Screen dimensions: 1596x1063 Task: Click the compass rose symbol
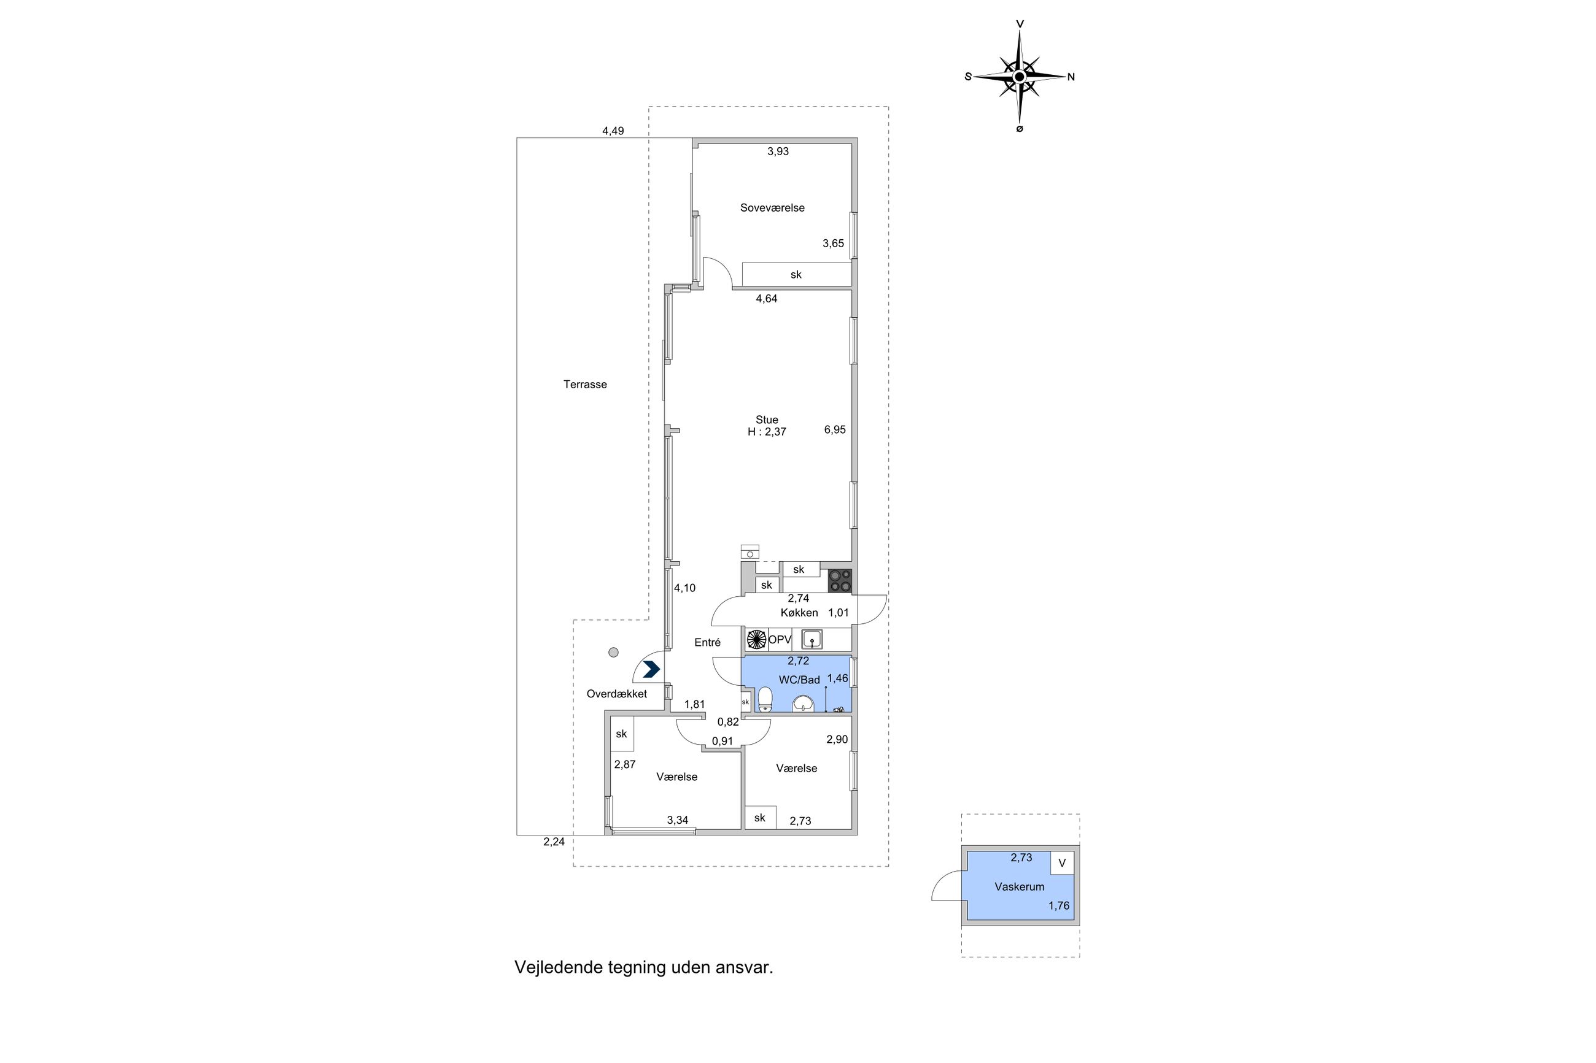pyautogui.click(x=1019, y=77)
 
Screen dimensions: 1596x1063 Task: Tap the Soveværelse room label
pyautogui.click(x=772, y=207)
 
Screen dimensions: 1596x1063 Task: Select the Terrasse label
pyautogui.click(x=584, y=385)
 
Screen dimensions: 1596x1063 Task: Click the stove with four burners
pyautogui.click(x=840, y=581)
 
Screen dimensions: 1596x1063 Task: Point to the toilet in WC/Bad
pyautogui.click(x=765, y=699)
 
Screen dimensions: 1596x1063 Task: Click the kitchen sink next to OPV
pyautogui.click(x=812, y=639)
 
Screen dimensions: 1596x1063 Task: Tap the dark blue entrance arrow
pyautogui.click(x=651, y=670)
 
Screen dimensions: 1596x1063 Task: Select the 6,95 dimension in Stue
pyautogui.click(x=834, y=429)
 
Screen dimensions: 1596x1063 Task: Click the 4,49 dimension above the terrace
pyautogui.click(x=613, y=131)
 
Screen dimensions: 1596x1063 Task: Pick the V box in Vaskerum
pyautogui.click(x=1061, y=863)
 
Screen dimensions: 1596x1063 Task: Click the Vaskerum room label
pyautogui.click(x=1019, y=886)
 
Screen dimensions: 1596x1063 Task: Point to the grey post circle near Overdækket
pyautogui.click(x=613, y=652)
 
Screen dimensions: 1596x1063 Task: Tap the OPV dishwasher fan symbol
pyautogui.click(x=756, y=639)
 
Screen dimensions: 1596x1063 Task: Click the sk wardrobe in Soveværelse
pyautogui.click(x=796, y=274)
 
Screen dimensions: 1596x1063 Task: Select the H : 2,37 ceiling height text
pyautogui.click(x=767, y=432)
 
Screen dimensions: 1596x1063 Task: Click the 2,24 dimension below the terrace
pyautogui.click(x=554, y=842)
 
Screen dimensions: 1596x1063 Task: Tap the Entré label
pyautogui.click(x=707, y=642)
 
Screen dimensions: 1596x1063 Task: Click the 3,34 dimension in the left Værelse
pyautogui.click(x=677, y=819)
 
